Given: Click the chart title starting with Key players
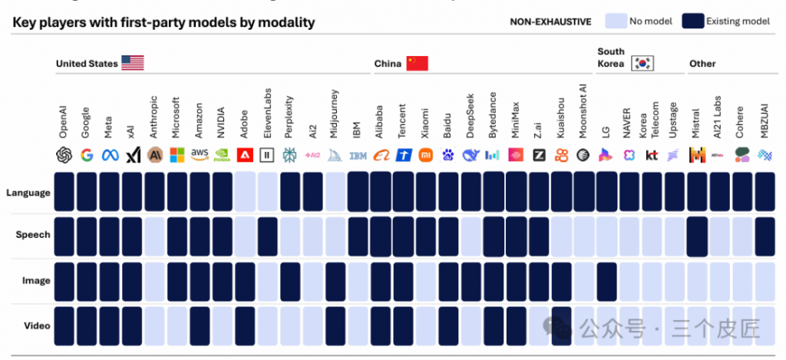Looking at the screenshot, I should tap(163, 22).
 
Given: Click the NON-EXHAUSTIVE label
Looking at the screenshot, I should tap(550, 22).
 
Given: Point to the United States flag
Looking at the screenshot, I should tap(133, 63).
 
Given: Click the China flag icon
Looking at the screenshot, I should tap(417, 63).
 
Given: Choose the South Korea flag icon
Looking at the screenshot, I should tap(642, 63).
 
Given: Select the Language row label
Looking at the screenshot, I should tap(28, 193).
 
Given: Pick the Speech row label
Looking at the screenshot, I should tap(33, 235).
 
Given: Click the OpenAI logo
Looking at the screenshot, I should tap(64, 155).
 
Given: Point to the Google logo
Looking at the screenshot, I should tap(87, 155).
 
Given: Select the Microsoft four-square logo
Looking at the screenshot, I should tap(177, 155).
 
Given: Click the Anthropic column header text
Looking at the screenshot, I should tap(154, 115).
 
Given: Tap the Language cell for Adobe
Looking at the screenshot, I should tap(245, 192).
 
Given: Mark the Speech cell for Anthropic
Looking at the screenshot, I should tap(154, 235).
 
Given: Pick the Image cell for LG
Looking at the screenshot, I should tap(606, 280).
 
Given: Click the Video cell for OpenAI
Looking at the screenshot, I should tap(64, 325).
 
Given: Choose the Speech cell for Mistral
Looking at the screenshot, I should tap(697, 235).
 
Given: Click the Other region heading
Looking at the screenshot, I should tap(703, 64).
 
